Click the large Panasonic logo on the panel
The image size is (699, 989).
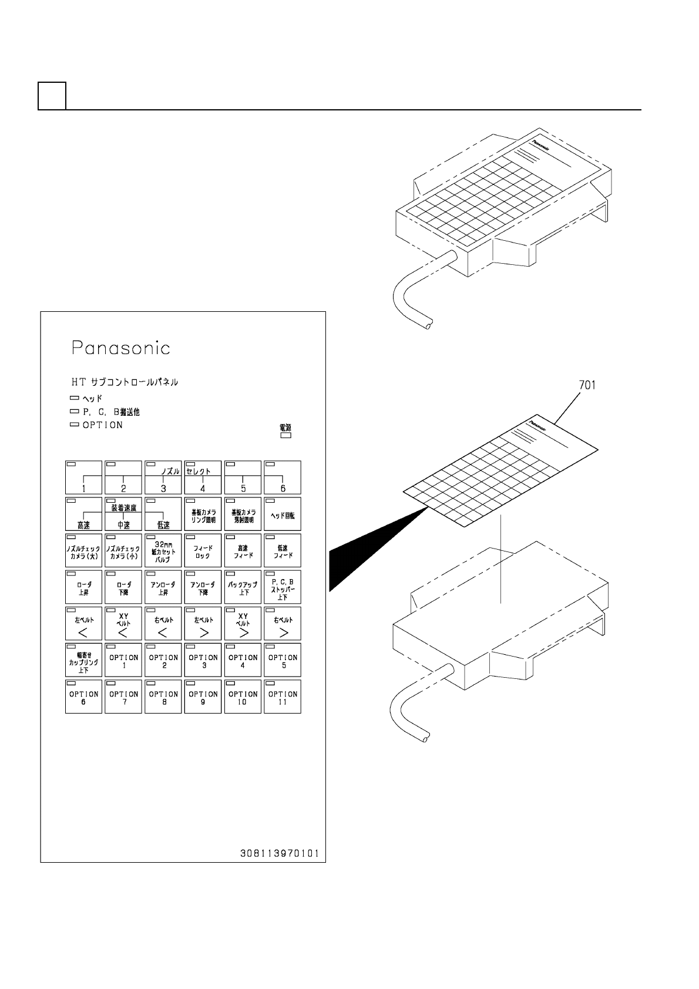click(121, 348)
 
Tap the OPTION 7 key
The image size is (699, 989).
click(123, 697)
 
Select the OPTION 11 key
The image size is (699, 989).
click(283, 697)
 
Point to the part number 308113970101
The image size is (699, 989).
click(279, 853)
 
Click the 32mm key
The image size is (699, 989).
click(163, 550)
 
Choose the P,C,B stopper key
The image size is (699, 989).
click(283, 587)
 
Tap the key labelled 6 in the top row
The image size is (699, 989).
click(283, 477)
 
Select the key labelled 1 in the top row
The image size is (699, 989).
click(83, 477)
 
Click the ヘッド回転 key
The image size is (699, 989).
click(283, 514)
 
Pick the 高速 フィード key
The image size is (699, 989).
click(243, 550)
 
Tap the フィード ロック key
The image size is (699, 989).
click(203, 550)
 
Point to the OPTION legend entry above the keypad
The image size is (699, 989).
click(102, 425)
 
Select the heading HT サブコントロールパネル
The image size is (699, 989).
click(125, 382)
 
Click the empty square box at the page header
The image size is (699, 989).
click(52, 96)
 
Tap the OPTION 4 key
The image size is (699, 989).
click(243, 660)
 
